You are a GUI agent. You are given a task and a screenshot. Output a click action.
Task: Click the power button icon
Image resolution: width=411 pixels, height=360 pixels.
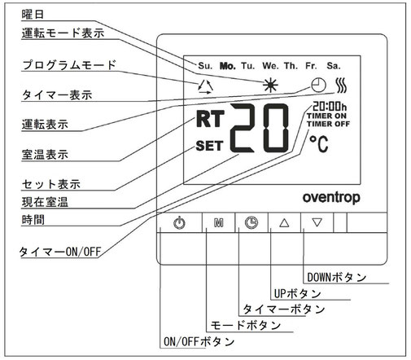click(x=179, y=222)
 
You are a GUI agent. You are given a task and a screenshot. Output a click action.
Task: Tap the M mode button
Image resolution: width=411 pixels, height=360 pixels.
click(x=219, y=222)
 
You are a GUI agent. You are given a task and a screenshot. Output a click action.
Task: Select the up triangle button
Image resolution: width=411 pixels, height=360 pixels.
click(x=284, y=222)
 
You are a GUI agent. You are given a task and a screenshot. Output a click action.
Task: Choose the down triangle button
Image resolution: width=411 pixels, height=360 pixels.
click(x=317, y=222)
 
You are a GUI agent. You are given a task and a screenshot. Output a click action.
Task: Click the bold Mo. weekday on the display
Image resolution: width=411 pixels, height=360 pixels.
click(x=227, y=66)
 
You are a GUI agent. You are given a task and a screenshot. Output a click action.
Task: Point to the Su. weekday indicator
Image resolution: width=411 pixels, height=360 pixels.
click(x=205, y=66)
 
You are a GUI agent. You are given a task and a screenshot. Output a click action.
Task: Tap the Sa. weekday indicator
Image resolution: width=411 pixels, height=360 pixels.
click(x=334, y=66)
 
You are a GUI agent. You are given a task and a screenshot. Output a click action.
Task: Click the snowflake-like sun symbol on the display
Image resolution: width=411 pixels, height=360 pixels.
click(x=270, y=86)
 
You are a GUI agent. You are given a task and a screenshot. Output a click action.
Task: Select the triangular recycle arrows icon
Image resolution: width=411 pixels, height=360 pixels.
click(x=205, y=87)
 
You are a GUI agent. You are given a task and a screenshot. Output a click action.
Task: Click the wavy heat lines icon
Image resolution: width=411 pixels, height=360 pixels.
click(x=341, y=86)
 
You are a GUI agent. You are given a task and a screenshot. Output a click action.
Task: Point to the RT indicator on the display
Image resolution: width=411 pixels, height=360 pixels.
click(x=210, y=119)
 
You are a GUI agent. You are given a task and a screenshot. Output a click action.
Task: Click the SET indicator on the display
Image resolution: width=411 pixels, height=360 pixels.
click(x=209, y=146)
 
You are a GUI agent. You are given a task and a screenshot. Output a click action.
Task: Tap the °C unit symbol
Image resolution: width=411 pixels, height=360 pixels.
click(x=319, y=143)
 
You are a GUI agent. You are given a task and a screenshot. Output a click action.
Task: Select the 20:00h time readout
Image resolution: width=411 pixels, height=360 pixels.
click(x=330, y=106)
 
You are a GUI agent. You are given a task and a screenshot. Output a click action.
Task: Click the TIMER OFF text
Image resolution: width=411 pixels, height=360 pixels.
click(x=328, y=124)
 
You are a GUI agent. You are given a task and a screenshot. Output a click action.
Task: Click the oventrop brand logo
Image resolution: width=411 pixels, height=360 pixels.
click(x=331, y=198)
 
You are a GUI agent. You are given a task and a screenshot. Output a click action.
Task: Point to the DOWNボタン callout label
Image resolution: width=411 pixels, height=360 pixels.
click(x=337, y=278)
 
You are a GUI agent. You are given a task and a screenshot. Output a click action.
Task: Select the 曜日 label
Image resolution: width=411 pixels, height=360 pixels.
click(x=33, y=14)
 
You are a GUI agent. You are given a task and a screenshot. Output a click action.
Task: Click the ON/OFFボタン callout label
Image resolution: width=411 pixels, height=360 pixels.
click(x=199, y=341)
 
